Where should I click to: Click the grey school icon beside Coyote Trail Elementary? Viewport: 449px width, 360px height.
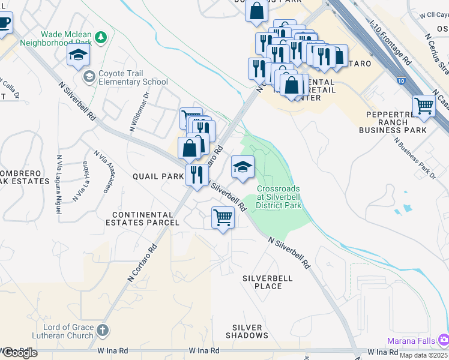click(89, 76)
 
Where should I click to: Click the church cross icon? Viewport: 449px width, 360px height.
click(103, 330)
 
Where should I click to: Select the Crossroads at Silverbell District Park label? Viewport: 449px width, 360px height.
click(279, 197)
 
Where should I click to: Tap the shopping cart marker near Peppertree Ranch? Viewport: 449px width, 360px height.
click(424, 106)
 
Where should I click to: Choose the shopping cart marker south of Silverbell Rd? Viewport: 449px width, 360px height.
click(223, 217)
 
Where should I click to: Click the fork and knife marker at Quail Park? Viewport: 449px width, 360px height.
click(196, 175)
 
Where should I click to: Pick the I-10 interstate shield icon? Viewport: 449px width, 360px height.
click(400, 79)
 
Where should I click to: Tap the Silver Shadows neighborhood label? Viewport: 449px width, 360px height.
click(247, 331)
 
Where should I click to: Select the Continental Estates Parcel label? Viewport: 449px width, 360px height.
click(145, 218)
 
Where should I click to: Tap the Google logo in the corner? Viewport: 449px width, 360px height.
click(19, 352)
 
